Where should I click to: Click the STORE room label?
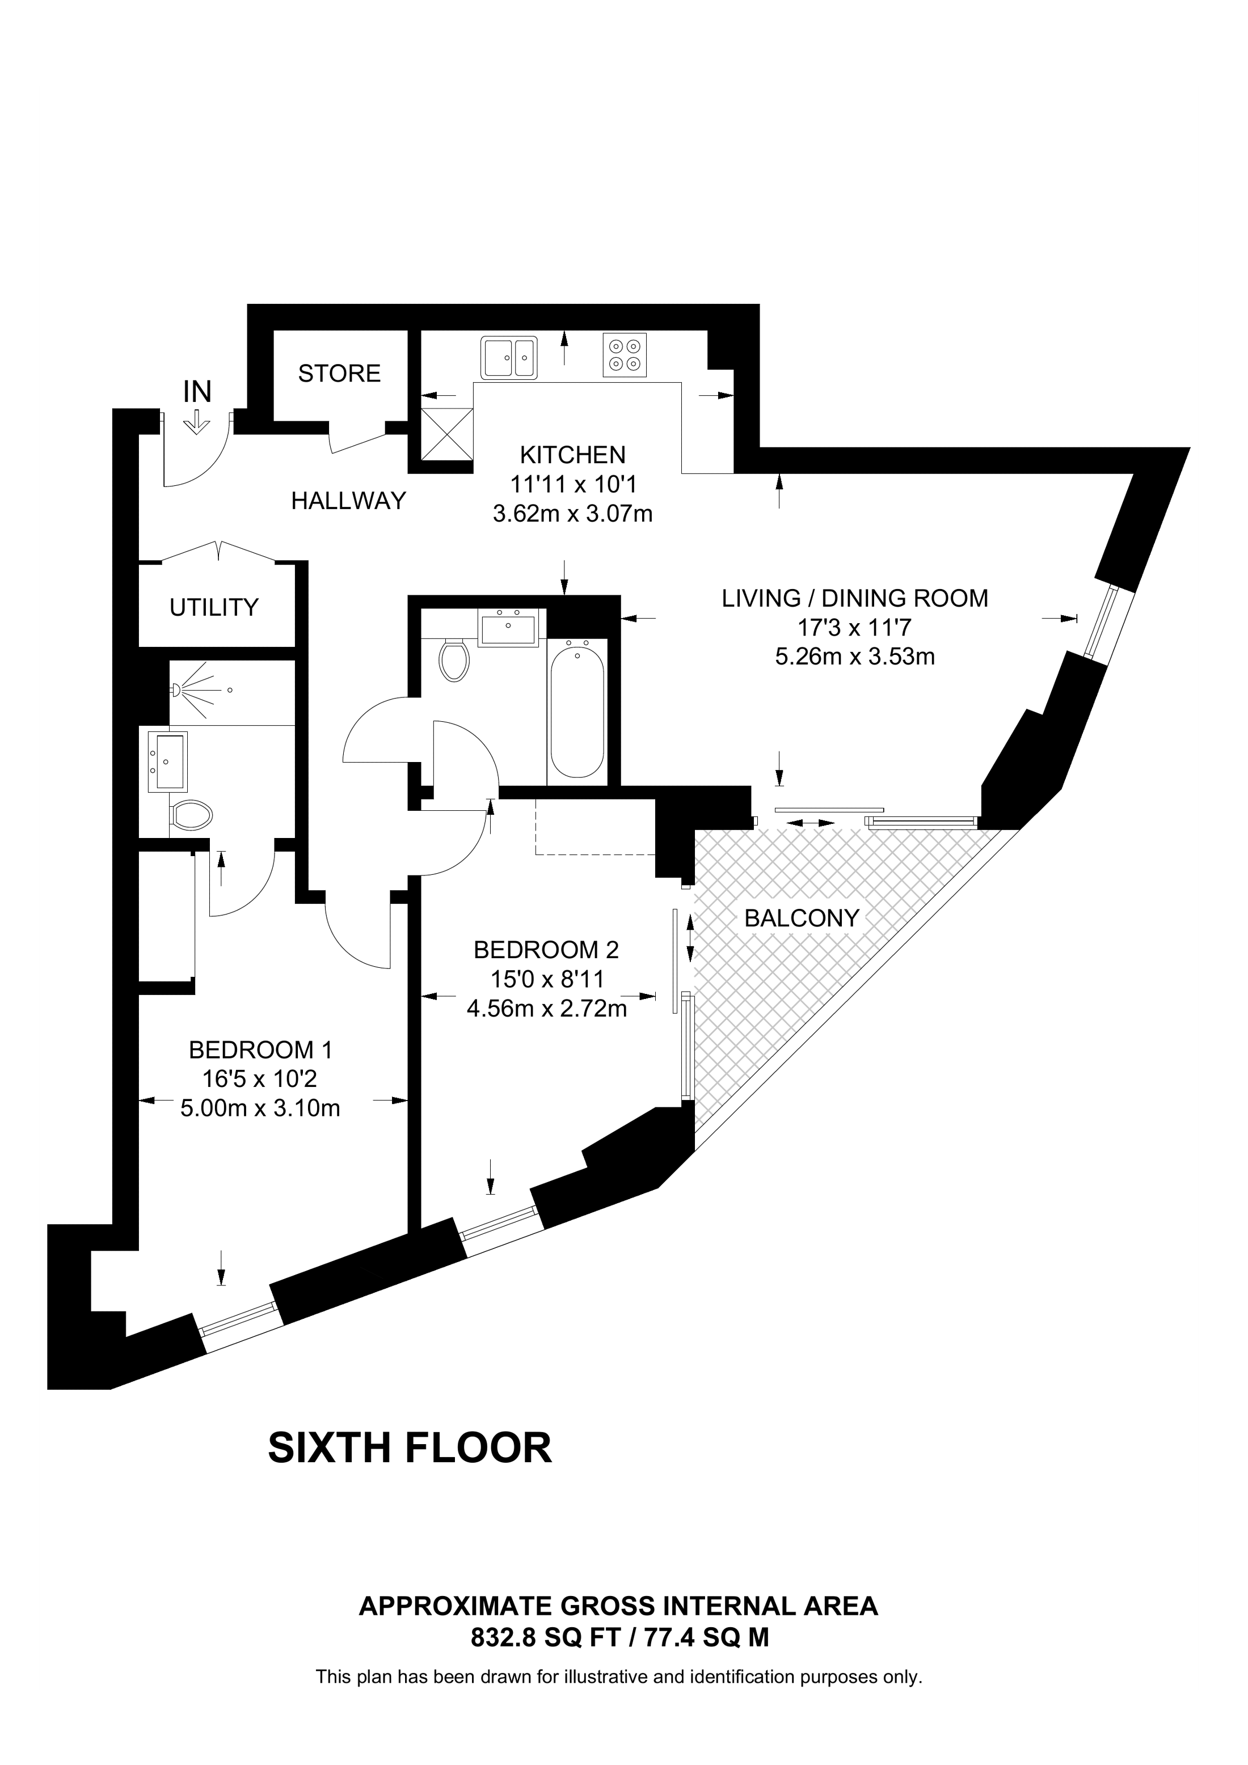[x=339, y=374]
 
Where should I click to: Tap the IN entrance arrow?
[x=197, y=422]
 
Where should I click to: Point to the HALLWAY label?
[x=348, y=501]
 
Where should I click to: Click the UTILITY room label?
[x=214, y=607]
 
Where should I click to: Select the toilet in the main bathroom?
[x=454, y=659]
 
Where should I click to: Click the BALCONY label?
[x=801, y=918]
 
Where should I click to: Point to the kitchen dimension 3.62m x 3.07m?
[x=572, y=514]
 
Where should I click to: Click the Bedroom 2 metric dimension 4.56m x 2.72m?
[x=547, y=1009]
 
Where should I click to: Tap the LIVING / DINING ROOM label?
[x=854, y=598]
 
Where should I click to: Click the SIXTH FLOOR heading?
[x=409, y=1448]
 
